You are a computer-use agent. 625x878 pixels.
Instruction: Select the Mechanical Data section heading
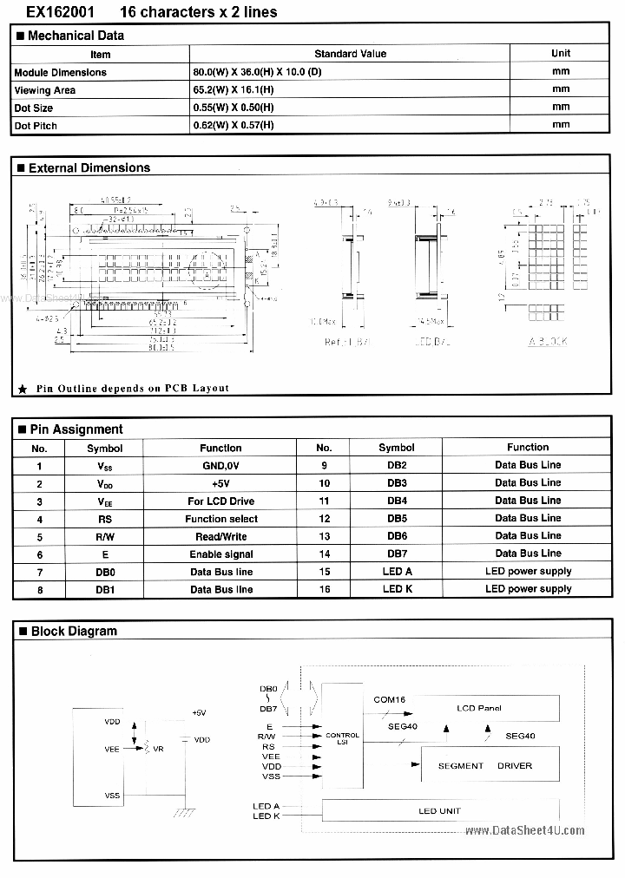click(x=76, y=36)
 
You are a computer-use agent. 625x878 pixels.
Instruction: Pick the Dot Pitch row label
click(x=34, y=126)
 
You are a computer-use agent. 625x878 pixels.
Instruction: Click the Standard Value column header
click(x=350, y=54)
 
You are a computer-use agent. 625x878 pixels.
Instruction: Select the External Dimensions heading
click(x=89, y=168)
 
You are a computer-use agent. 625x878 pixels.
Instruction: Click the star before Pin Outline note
click(x=22, y=389)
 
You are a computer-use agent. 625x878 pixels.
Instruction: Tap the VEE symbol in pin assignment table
click(x=105, y=501)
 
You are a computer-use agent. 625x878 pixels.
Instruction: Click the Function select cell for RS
click(x=221, y=519)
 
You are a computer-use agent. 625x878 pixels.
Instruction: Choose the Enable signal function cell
click(x=221, y=554)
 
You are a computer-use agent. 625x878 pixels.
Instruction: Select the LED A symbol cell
click(x=396, y=572)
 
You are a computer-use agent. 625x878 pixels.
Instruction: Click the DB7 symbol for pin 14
click(x=396, y=554)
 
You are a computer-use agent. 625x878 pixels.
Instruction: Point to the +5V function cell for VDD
click(x=221, y=483)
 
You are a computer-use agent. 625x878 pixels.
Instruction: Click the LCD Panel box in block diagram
click(x=479, y=708)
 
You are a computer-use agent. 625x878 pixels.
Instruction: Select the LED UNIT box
click(x=439, y=811)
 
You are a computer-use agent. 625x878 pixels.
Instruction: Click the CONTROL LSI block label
click(x=342, y=739)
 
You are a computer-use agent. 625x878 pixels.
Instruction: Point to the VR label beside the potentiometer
click(x=158, y=747)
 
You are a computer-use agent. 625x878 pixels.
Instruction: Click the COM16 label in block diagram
click(x=389, y=699)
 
